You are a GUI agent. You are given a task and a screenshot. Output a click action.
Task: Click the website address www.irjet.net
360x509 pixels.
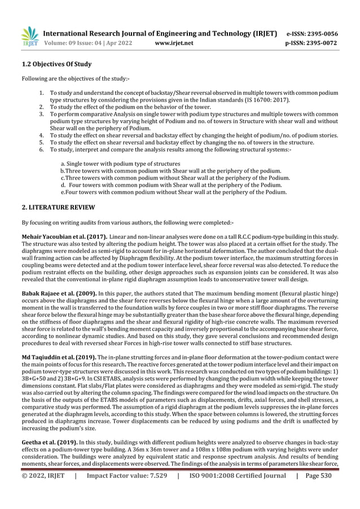coord(174,42)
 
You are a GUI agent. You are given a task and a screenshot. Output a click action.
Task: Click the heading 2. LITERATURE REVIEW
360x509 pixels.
coord(58,208)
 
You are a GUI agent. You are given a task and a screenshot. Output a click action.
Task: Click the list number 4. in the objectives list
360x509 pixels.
coord(42,135)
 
